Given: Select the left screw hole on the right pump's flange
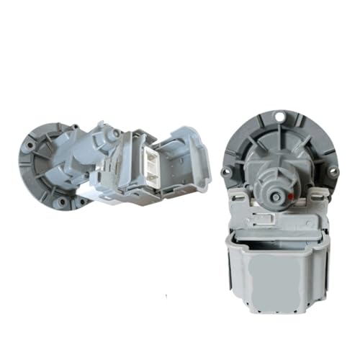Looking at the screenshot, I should [x=226, y=171].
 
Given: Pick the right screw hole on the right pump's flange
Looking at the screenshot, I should [x=333, y=171].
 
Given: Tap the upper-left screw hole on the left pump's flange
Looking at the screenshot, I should [x=30, y=145].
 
